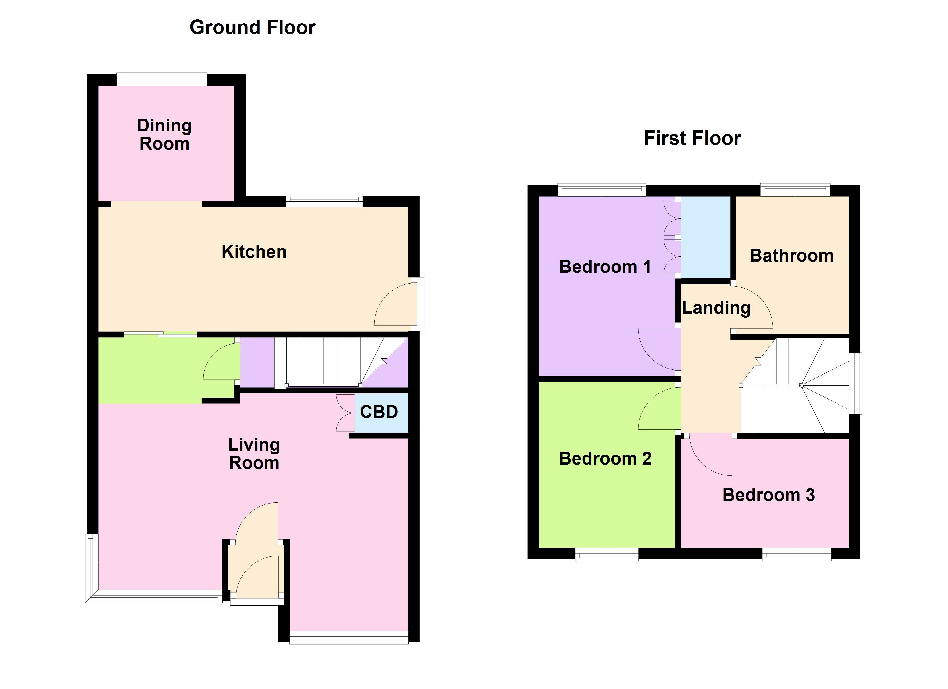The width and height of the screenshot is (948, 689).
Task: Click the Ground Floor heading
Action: pos(253,28)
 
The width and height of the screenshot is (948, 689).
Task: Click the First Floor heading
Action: pos(692,138)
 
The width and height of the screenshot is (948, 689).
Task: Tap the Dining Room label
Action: pos(164,135)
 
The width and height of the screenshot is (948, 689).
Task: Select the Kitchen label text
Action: pos(254,252)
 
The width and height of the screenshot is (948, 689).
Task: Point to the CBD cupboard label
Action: pos(379,412)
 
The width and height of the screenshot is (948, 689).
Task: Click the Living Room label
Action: pos(254,454)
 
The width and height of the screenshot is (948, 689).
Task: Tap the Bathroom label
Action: pos(791,256)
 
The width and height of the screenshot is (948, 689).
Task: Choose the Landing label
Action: pos(716,308)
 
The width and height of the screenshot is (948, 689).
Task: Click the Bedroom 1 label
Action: pos(605,267)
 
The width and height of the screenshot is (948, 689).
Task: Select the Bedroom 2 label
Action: pos(605,459)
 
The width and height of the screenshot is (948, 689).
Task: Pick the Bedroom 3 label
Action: pos(768,495)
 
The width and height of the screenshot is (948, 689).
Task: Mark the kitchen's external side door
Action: pos(419,304)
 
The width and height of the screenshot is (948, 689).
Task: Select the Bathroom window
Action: pos(795,190)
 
